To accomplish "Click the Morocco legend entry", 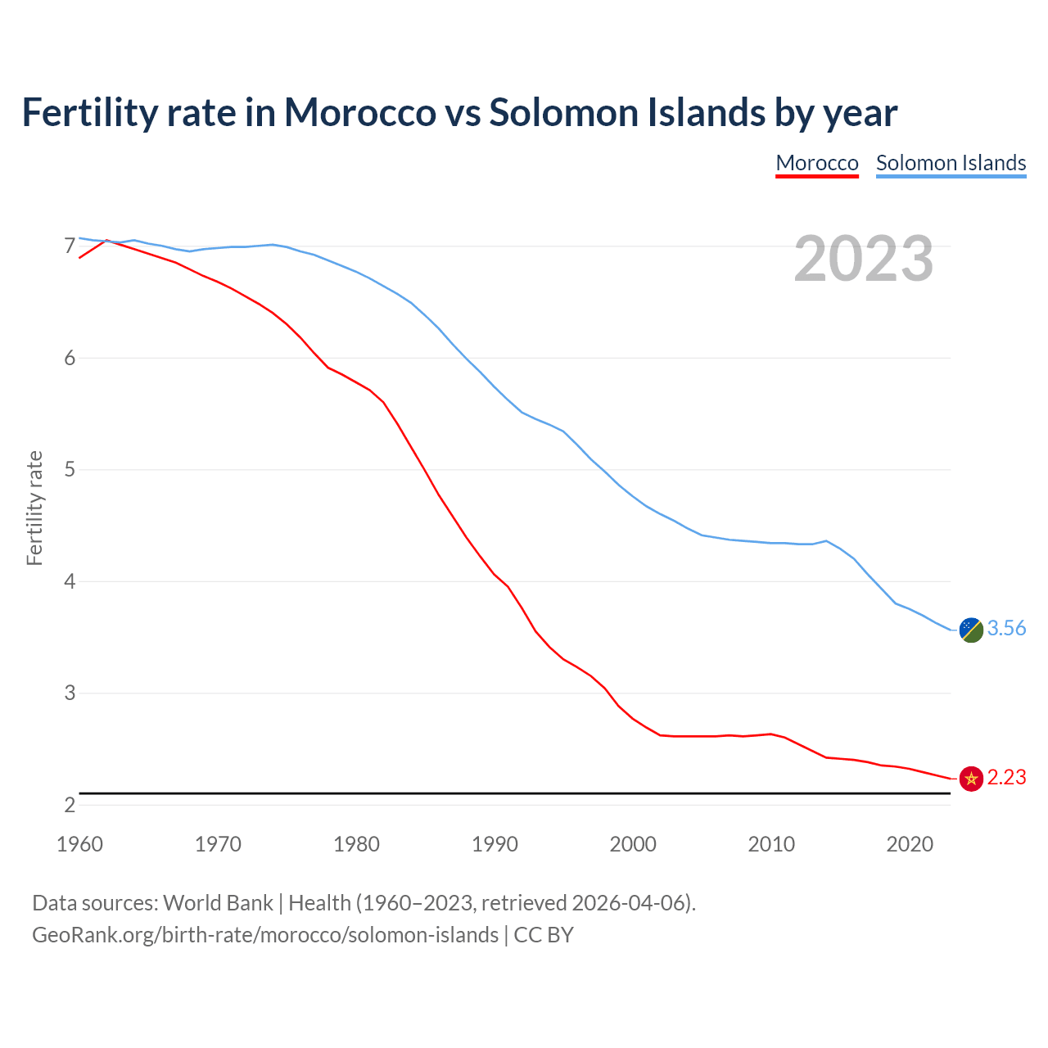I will point(817,163).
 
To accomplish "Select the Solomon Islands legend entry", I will point(951,163).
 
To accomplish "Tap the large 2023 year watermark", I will point(864,259).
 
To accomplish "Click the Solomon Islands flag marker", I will point(971,630).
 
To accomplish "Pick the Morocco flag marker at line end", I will point(971,779).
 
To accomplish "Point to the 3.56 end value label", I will point(1006,629).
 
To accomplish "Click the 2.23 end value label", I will point(1006,778).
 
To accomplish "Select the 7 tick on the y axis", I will point(70,246).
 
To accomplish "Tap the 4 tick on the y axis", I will point(70,581).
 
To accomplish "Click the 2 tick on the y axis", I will point(70,805).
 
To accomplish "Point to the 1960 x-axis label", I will point(79,844).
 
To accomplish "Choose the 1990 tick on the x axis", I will point(495,844).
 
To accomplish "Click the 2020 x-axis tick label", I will point(910,844).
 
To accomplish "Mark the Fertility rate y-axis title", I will point(34,508).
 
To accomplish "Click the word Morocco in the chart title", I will point(359,112).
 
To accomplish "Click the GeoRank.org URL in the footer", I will point(264,935).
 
